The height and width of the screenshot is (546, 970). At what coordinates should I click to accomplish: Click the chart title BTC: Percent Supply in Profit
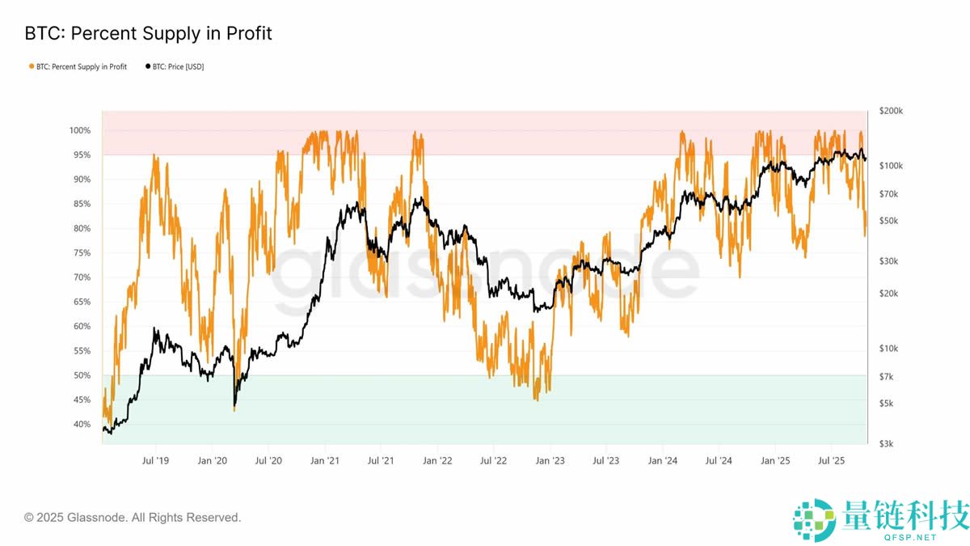149,33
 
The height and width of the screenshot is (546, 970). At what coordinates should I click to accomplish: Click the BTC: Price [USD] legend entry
178,66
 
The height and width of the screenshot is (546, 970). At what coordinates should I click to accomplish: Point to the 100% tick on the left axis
80,130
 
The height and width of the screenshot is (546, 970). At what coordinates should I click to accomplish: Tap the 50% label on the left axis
82,375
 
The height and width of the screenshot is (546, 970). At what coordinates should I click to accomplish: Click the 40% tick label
82,425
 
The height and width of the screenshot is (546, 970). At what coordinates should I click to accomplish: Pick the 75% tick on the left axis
82,253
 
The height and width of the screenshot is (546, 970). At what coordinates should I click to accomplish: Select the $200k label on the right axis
891,111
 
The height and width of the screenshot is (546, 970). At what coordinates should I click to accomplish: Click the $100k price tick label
891,166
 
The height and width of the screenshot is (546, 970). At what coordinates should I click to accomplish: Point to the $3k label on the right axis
888,444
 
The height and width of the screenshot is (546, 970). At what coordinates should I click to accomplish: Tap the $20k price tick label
889,294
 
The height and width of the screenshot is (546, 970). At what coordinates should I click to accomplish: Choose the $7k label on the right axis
888,377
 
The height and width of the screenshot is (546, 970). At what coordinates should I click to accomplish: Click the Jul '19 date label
155,461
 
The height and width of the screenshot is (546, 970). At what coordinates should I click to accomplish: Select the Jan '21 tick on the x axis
324,461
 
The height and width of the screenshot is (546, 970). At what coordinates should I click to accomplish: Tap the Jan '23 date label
550,461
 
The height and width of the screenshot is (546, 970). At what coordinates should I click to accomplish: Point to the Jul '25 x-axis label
831,461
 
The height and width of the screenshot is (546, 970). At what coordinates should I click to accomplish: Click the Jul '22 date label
493,461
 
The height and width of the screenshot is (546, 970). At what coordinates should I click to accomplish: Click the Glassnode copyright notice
133,517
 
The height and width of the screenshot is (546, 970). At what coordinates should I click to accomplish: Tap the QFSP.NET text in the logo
912,536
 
